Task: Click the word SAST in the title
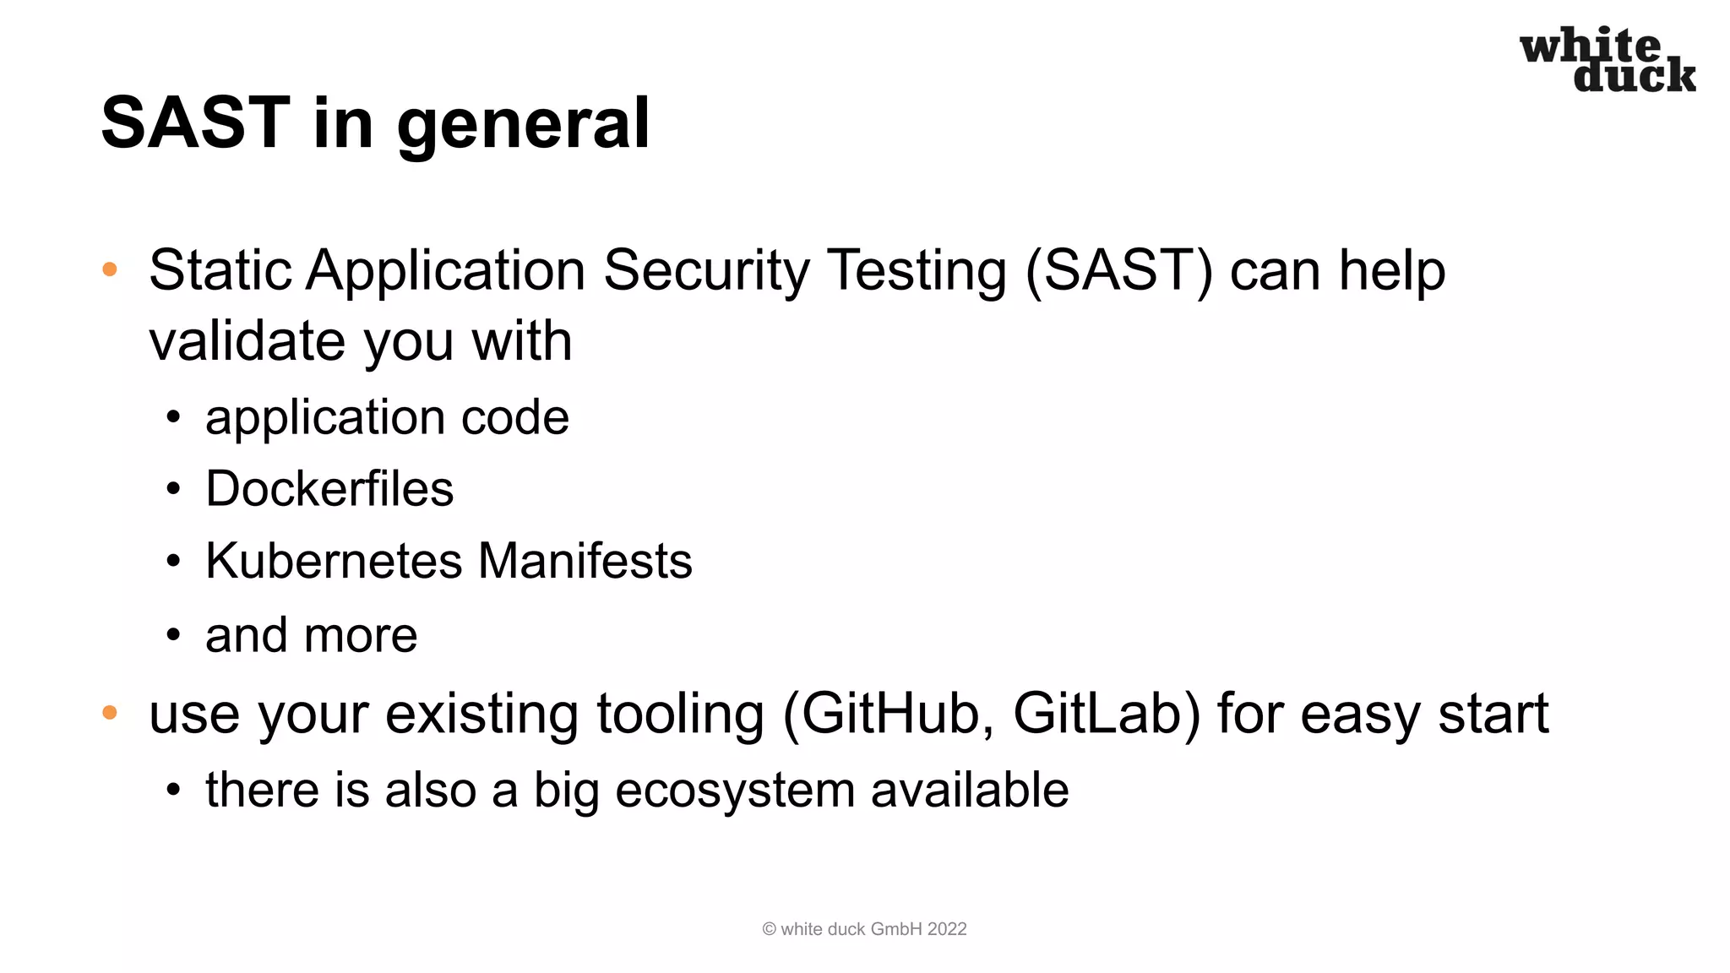point(195,122)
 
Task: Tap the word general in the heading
point(523,125)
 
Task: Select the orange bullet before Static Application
point(110,270)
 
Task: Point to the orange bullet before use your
point(110,713)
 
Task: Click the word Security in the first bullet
point(706,271)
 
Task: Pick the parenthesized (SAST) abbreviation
point(1118,271)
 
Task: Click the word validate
point(248,341)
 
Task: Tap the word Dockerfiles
point(329,488)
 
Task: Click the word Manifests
point(585,561)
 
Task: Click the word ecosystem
point(735,791)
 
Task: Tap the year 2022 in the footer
point(947,929)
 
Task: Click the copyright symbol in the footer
point(769,929)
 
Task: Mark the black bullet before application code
point(173,417)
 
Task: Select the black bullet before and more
point(173,635)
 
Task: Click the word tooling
point(680,714)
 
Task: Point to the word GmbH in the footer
point(896,929)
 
